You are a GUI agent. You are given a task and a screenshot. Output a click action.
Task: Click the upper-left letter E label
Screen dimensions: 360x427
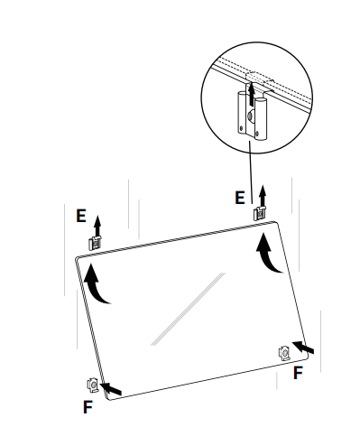[81, 216]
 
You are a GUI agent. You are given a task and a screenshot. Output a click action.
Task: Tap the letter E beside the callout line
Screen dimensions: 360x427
[240, 198]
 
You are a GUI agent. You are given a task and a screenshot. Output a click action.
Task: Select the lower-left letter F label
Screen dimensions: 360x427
[88, 407]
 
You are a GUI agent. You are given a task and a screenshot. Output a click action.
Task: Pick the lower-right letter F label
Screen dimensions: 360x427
[298, 373]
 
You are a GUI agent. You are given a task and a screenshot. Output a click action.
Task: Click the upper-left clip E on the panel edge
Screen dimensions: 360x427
[95, 243]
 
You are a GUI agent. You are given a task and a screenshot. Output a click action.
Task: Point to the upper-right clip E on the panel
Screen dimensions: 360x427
[260, 213]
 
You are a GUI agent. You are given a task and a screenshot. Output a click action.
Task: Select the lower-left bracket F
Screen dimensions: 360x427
[93, 385]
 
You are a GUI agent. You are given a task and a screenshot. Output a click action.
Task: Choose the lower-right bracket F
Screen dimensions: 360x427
[284, 353]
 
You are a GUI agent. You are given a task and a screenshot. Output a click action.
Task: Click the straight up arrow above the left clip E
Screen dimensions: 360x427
[97, 226]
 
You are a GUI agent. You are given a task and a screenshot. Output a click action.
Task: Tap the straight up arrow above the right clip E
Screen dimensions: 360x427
[263, 196]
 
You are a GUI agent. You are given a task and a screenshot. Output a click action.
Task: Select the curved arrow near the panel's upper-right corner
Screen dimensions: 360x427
[266, 254]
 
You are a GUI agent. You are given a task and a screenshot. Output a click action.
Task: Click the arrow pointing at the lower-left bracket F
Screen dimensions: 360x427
[111, 388]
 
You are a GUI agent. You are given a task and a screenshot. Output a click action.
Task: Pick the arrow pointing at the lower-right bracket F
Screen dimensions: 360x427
[303, 348]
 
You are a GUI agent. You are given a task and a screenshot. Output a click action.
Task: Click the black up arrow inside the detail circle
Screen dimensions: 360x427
[252, 94]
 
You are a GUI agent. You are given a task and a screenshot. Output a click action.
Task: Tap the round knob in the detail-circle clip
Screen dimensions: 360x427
[251, 116]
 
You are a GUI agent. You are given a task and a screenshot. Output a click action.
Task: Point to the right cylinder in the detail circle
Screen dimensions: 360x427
[261, 118]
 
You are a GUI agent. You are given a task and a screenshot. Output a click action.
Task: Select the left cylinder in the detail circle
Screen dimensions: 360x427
[242, 113]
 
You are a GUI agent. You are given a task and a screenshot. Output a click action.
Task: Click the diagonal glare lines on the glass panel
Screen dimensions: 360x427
[188, 309]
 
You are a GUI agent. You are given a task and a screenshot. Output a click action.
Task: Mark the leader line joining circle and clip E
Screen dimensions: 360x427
[251, 172]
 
